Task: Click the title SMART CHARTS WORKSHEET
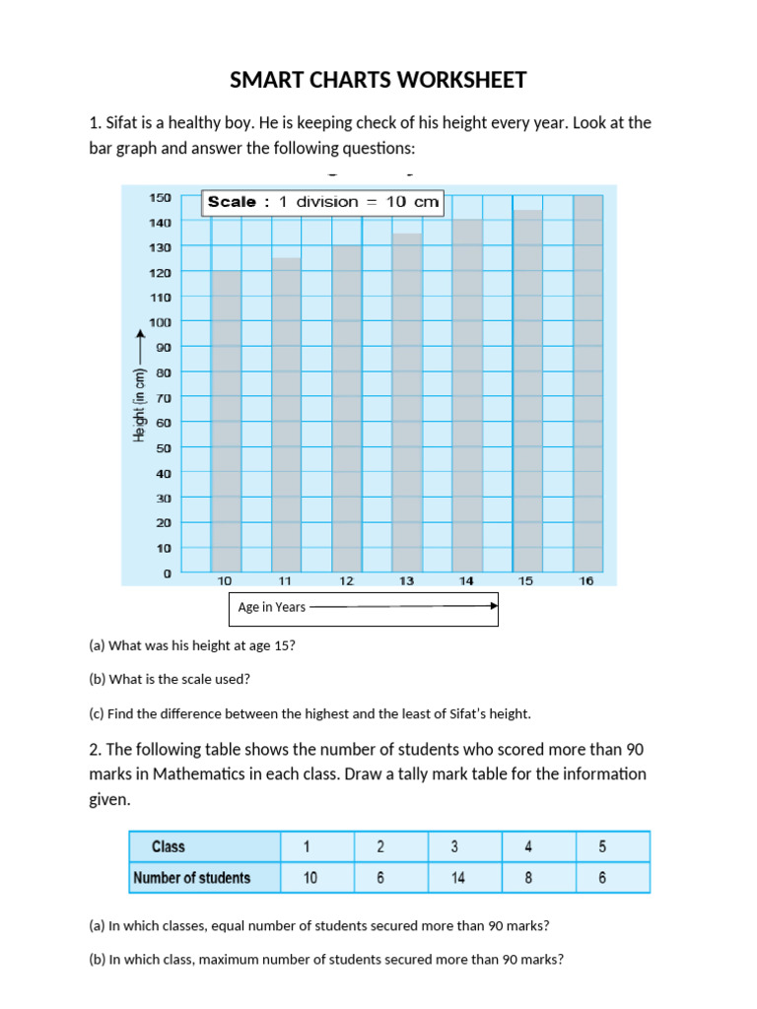(x=378, y=80)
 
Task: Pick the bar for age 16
(x=587, y=383)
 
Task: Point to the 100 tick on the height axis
(x=160, y=322)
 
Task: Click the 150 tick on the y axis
(x=160, y=197)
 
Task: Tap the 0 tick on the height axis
(x=167, y=572)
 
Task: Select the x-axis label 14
(x=466, y=581)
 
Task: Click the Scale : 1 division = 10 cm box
(x=322, y=202)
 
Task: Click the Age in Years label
(x=272, y=608)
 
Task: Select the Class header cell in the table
(x=169, y=846)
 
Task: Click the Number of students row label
(x=191, y=878)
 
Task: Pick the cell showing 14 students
(x=458, y=878)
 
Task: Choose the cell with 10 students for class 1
(x=310, y=878)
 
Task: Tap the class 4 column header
(x=528, y=846)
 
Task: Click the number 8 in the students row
(x=528, y=878)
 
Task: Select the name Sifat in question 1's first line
(x=121, y=123)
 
